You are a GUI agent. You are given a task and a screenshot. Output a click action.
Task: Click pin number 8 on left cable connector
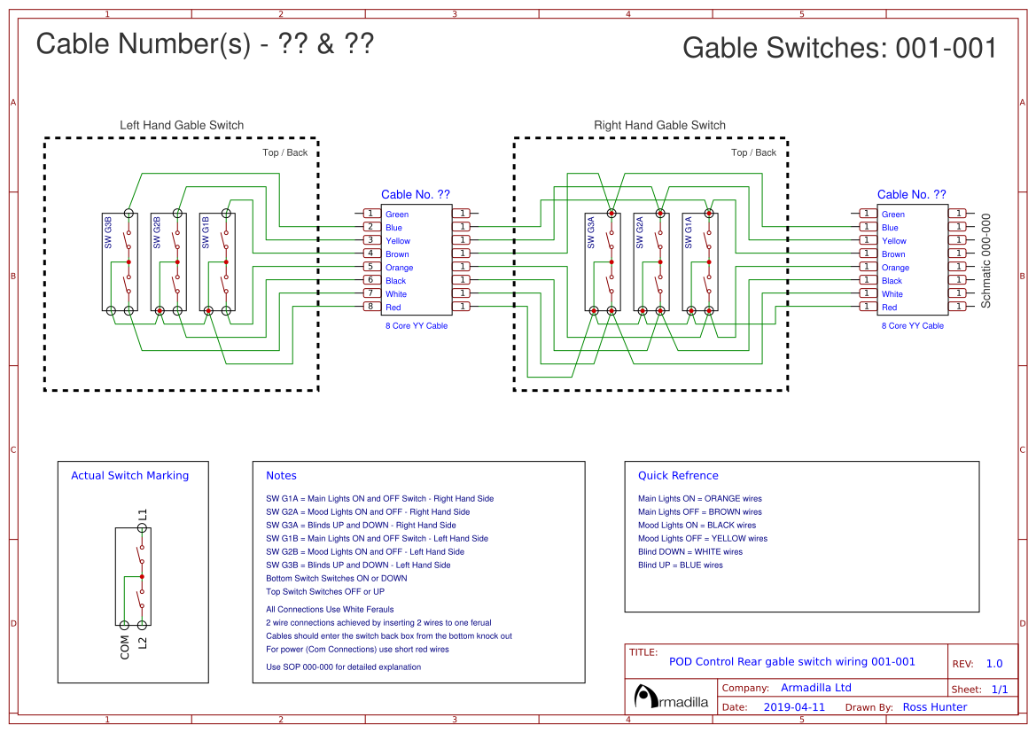[x=370, y=307]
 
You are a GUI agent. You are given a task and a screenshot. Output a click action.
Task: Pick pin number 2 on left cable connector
[x=370, y=227]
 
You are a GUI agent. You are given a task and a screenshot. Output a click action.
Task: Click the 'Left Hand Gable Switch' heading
[x=182, y=125]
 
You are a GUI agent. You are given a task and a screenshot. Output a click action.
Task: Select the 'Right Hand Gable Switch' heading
[x=659, y=125]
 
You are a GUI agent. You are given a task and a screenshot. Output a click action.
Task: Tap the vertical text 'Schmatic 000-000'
[x=985, y=261]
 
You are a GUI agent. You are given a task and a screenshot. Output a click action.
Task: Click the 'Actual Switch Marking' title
[x=129, y=476]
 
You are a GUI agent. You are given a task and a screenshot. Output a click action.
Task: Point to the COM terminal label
[x=124, y=648]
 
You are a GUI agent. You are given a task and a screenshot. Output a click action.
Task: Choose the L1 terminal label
[x=143, y=514]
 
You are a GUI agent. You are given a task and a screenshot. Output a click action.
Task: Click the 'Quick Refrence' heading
[x=678, y=476]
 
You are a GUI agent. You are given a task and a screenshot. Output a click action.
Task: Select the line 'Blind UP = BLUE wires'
[x=680, y=565]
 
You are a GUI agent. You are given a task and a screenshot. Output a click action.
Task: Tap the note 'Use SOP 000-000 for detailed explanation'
[x=343, y=667]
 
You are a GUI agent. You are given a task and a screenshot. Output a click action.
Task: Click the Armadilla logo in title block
[x=672, y=698]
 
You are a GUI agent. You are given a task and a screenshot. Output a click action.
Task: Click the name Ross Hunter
[x=934, y=707]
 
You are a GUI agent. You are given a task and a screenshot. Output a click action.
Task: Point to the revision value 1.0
[x=994, y=664]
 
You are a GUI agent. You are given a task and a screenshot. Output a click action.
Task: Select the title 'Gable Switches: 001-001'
[x=839, y=48]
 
